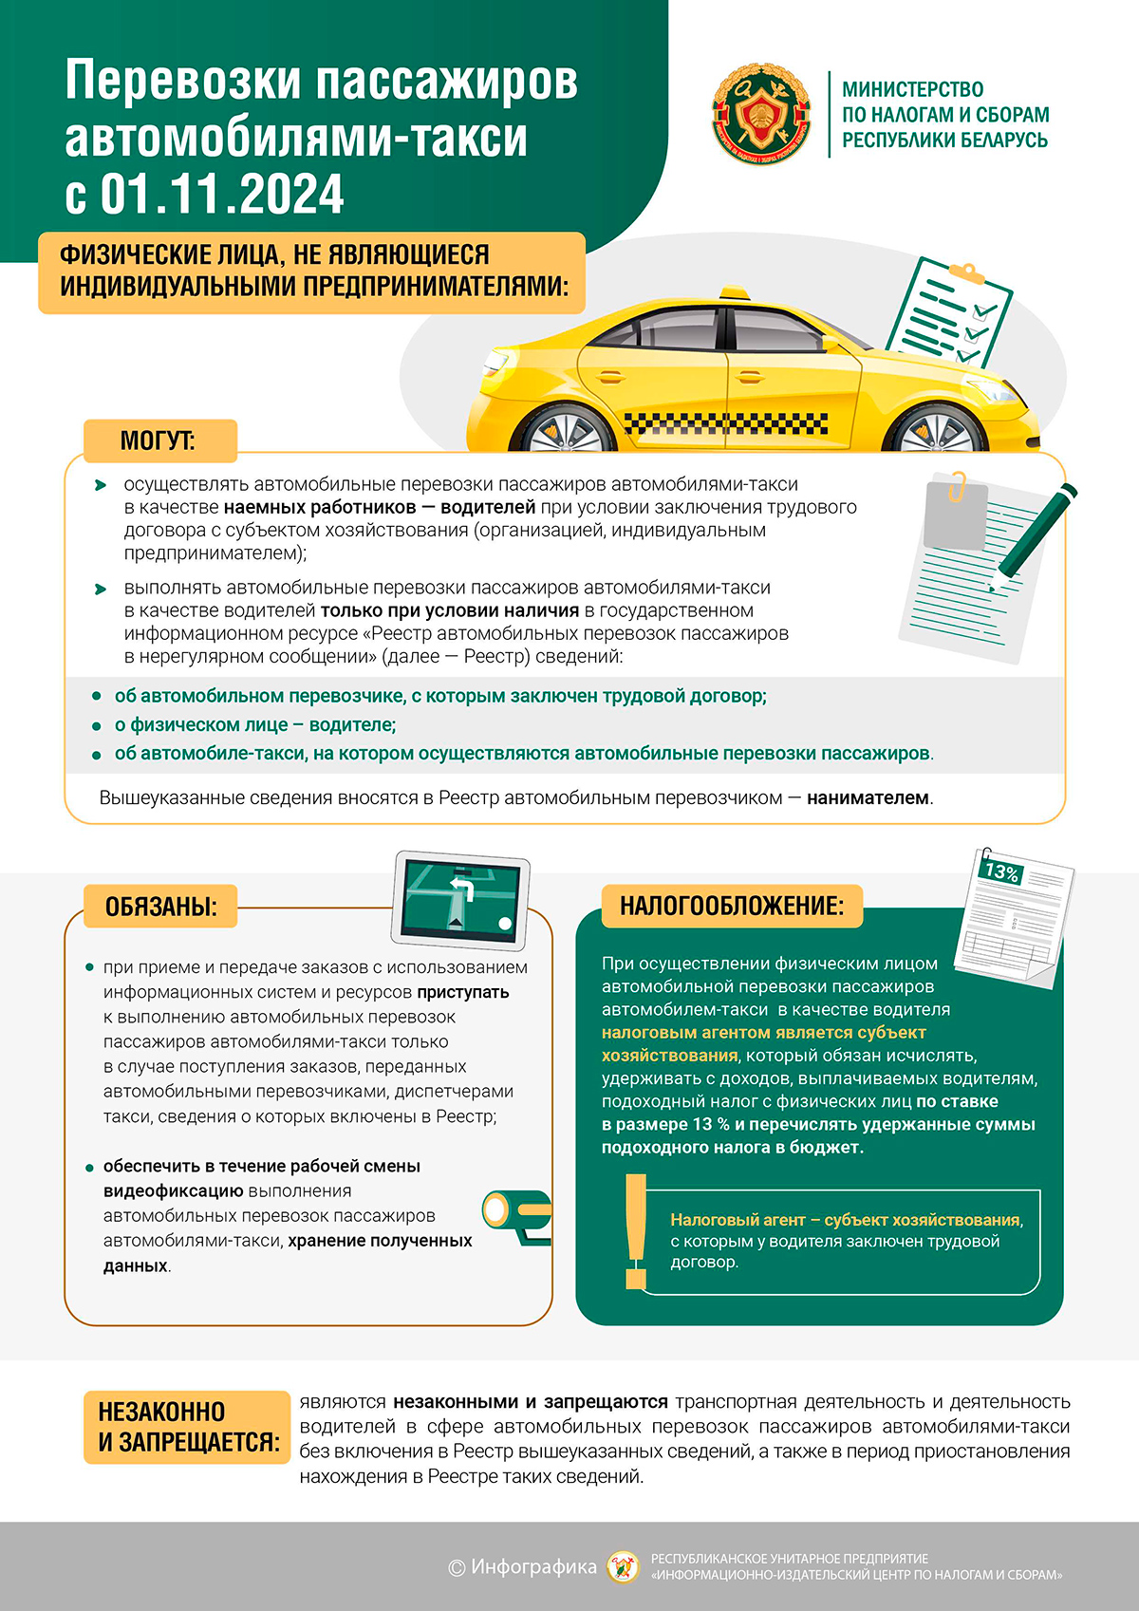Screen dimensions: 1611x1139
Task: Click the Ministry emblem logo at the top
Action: [762, 114]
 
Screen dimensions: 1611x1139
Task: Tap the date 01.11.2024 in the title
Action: [222, 194]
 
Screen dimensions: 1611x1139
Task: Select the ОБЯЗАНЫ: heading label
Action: [160, 907]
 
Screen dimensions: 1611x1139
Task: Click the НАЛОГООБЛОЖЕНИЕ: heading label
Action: [731, 906]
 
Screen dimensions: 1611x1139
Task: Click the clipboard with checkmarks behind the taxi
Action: [949, 313]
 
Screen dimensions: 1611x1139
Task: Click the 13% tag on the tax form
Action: [1001, 871]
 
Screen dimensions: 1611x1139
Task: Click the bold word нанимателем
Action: [868, 798]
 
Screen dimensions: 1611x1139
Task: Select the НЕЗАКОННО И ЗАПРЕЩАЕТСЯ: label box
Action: [187, 1427]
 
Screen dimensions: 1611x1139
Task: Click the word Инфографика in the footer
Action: [533, 1566]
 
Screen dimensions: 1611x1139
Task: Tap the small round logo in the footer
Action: [624, 1566]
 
